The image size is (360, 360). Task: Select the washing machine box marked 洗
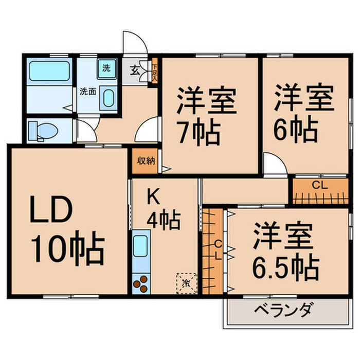pyautogui.click(x=106, y=68)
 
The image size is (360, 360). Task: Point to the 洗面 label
pyautogui.click(x=87, y=92)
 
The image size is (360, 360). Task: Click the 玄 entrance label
pyautogui.click(x=133, y=71)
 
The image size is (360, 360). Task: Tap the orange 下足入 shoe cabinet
pyautogui.click(x=154, y=71)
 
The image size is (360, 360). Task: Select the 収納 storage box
pyautogui.click(x=146, y=160)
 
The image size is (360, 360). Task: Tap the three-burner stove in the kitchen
pyautogui.click(x=140, y=283)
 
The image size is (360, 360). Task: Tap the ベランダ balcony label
pyautogui.click(x=282, y=311)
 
